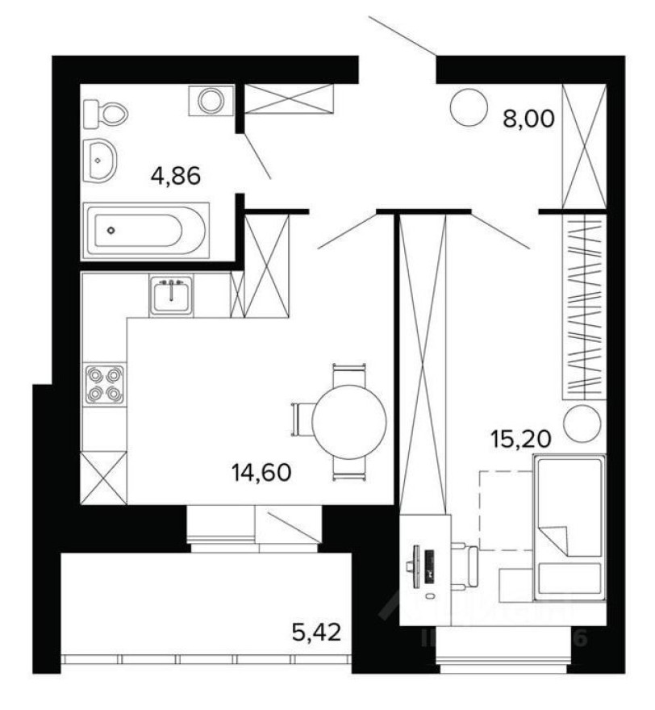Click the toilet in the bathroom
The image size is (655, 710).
point(106,113)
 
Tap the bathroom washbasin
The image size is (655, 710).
point(101,161)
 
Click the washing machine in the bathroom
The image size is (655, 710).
point(211,101)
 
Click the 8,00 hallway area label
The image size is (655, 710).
point(529,120)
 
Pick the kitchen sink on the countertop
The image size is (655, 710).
point(171,294)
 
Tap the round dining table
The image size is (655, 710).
point(348,420)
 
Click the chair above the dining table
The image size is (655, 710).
point(348,372)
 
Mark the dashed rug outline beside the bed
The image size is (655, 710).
point(504,510)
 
